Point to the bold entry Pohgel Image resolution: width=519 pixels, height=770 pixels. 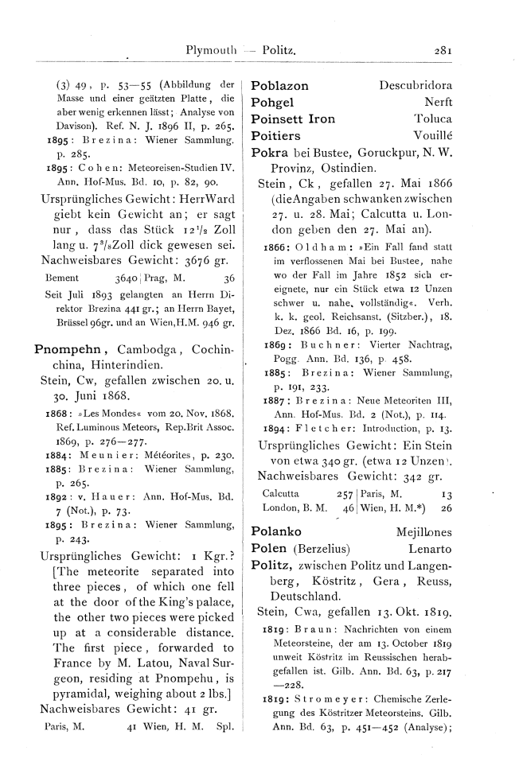click(x=272, y=102)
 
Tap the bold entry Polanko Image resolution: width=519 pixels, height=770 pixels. click(x=275, y=529)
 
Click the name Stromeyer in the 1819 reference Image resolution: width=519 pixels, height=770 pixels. click(x=323, y=727)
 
